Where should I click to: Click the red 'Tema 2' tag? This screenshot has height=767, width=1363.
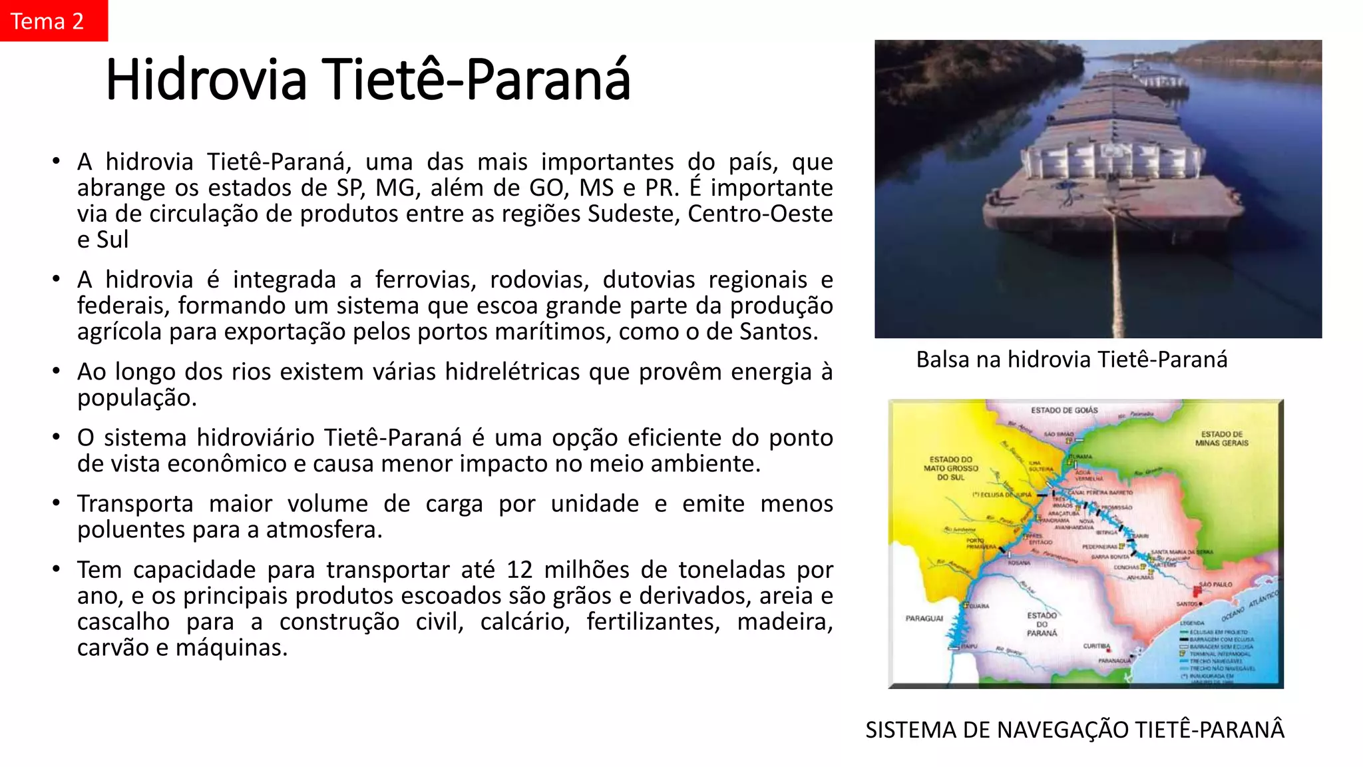click(x=53, y=21)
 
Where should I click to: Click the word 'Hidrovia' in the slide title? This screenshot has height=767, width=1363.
click(x=206, y=80)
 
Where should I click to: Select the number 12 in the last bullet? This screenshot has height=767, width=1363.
click(x=519, y=570)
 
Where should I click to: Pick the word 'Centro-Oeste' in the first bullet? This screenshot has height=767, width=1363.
click(x=760, y=214)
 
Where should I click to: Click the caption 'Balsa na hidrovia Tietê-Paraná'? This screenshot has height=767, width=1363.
click(x=1071, y=360)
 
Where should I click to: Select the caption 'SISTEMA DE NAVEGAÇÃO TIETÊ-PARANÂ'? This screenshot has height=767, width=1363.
click(x=1075, y=730)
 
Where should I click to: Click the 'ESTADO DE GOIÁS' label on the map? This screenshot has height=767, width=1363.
click(x=1064, y=410)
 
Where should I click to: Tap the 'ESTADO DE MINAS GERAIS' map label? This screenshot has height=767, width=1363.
click(x=1221, y=438)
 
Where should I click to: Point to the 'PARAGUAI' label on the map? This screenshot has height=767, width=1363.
click(x=924, y=619)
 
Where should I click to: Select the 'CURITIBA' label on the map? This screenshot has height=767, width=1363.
click(x=1096, y=646)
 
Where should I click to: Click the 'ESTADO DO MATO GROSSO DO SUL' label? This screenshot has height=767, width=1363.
click(x=950, y=468)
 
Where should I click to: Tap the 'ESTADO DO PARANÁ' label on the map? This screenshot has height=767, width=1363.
click(x=1042, y=625)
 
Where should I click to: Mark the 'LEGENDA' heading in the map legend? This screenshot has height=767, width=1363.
click(x=1192, y=623)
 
